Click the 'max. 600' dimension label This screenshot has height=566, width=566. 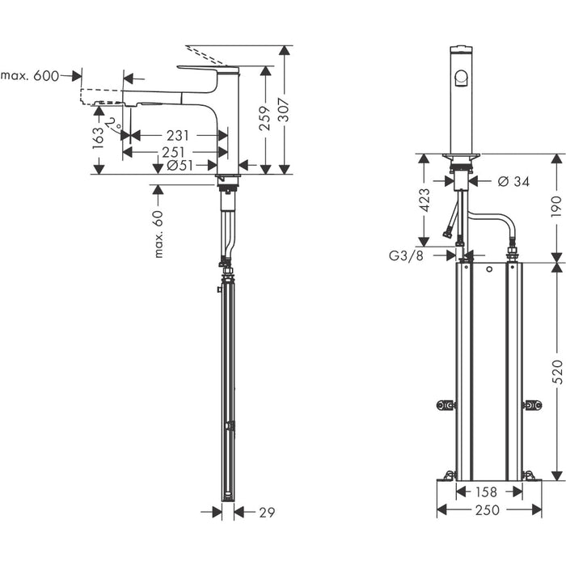pyautogui.click(x=31, y=76)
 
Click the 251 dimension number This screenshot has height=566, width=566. pyautogui.click(x=174, y=152)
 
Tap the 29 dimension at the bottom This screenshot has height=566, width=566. pyautogui.click(x=267, y=511)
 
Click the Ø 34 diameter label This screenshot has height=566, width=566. pyautogui.click(x=513, y=181)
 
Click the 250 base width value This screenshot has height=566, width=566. pyautogui.click(x=488, y=510)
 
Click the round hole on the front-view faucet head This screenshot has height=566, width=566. pyautogui.click(x=460, y=78)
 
